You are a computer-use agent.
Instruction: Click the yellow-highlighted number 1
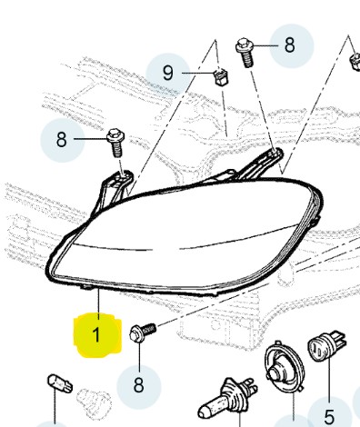click(96, 334)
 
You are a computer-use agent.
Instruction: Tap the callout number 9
click(167, 73)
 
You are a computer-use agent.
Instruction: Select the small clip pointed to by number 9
click(221, 77)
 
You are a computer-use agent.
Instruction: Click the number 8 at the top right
click(290, 45)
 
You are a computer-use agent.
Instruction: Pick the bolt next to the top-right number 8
click(245, 52)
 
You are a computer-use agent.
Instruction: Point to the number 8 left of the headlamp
click(61, 140)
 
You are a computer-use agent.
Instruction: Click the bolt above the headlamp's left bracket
click(115, 143)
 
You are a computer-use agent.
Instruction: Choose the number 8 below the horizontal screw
click(138, 385)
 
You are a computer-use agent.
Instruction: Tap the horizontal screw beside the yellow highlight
click(142, 333)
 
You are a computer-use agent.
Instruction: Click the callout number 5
click(329, 417)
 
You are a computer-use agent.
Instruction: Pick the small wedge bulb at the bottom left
click(60, 383)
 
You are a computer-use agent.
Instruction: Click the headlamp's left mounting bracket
click(115, 188)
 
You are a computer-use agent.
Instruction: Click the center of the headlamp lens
click(185, 236)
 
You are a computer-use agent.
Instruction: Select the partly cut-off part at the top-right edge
click(355, 62)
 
